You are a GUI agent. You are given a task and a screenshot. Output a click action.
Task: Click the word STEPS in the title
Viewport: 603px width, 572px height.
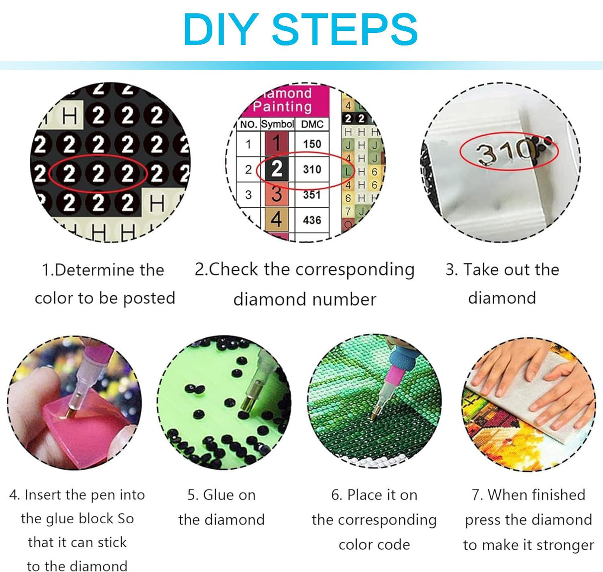(x=345, y=30)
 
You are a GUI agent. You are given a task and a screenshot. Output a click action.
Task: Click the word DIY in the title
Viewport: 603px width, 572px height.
(x=222, y=30)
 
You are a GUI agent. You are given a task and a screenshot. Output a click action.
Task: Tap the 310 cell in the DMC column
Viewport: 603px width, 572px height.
(x=312, y=169)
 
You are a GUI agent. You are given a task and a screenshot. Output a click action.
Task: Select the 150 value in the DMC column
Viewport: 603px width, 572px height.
(x=312, y=144)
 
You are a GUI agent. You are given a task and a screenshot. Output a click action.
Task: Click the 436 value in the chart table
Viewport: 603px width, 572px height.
(x=312, y=220)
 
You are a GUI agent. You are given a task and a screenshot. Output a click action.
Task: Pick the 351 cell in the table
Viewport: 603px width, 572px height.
(x=312, y=195)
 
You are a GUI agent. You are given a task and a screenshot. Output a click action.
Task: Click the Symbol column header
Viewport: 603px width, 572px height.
(x=278, y=124)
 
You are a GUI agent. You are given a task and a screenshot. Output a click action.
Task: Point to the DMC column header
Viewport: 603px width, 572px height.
(x=312, y=124)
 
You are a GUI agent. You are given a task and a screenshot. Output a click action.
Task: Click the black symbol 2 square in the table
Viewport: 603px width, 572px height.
(x=277, y=169)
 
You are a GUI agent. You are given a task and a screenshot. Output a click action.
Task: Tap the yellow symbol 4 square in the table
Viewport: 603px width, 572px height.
(x=277, y=219)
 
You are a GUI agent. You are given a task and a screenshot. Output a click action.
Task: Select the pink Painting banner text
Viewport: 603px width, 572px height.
(x=282, y=106)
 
